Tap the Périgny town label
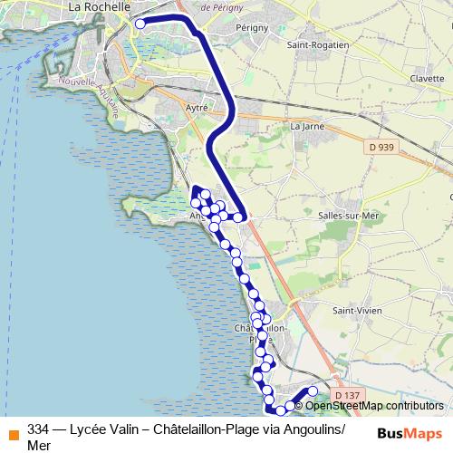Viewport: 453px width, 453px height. coord(252,27)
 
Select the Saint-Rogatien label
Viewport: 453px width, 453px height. coord(312,44)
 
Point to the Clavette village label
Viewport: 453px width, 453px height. coord(426,79)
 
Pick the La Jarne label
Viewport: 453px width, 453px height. coord(306,127)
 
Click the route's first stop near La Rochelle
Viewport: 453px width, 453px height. coord(140,24)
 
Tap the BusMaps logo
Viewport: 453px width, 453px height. coord(410,431)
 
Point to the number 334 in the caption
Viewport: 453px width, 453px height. coord(38,429)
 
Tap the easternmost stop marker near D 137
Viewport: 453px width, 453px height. coord(313,391)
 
